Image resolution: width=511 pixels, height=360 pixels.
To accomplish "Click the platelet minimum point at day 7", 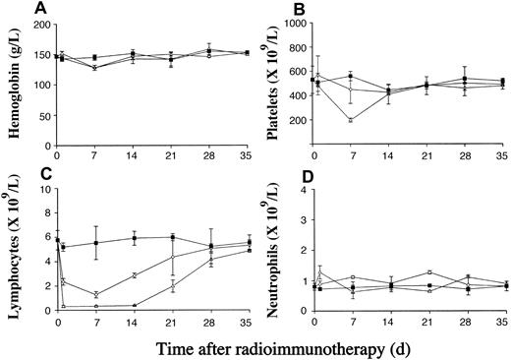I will (x=351, y=120).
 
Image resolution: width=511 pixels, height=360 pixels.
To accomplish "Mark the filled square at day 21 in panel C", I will (x=173, y=237).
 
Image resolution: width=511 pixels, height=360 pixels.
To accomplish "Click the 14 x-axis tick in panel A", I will (x=135, y=156).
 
